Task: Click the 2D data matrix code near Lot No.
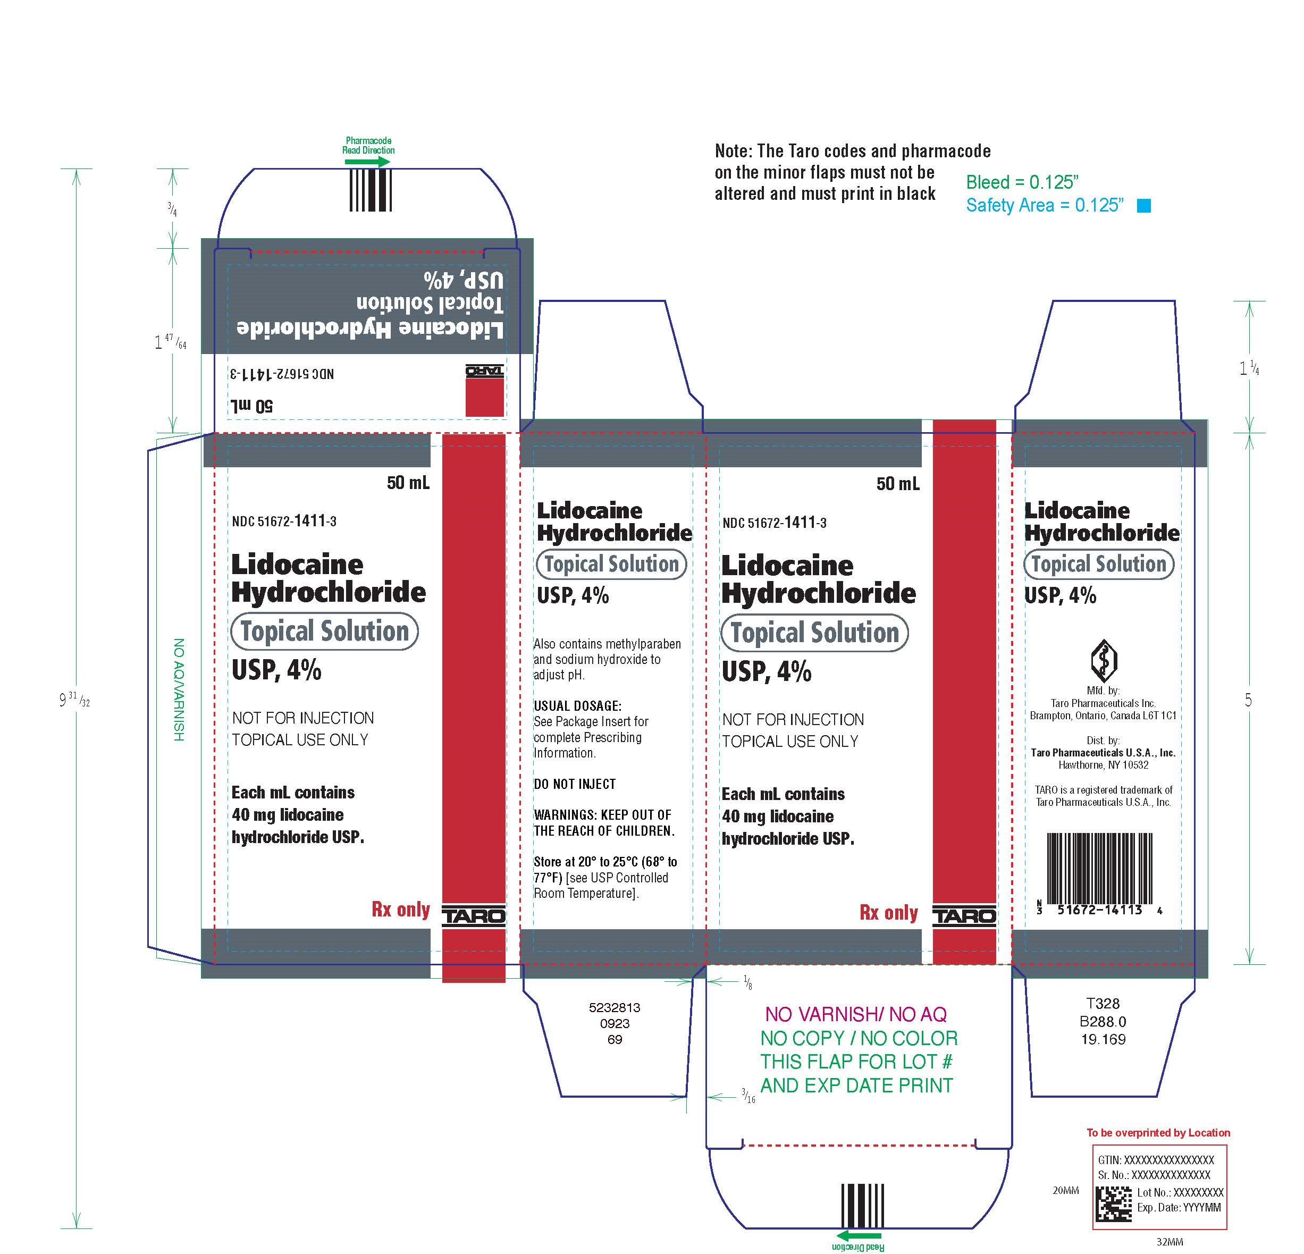(1114, 1205)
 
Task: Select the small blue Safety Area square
(1143, 206)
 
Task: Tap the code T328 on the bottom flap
(1103, 1003)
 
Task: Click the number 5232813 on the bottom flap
(614, 1007)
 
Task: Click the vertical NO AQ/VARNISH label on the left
(178, 690)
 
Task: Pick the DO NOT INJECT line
(574, 784)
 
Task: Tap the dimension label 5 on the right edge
(1248, 700)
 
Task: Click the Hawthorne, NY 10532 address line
(1103, 765)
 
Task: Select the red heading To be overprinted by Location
(1158, 1132)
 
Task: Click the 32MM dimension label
(1170, 1241)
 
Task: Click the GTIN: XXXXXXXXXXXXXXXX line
(1156, 1159)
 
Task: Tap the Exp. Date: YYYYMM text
(1179, 1207)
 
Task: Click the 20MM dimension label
(1065, 1190)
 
